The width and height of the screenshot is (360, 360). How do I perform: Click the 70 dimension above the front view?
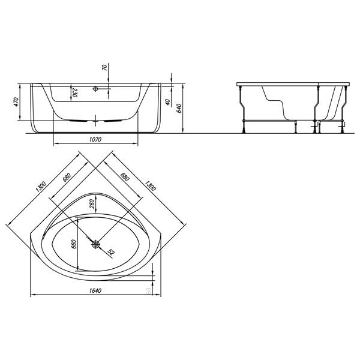click(x=104, y=68)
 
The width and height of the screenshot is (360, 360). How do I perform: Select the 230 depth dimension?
click(x=75, y=92)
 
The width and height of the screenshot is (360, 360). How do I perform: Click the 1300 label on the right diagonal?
click(x=149, y=187)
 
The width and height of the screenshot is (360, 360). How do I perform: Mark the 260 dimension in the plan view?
click(x=92, y=206)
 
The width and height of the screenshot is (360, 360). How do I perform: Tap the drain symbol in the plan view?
click(x=96, y=244)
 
